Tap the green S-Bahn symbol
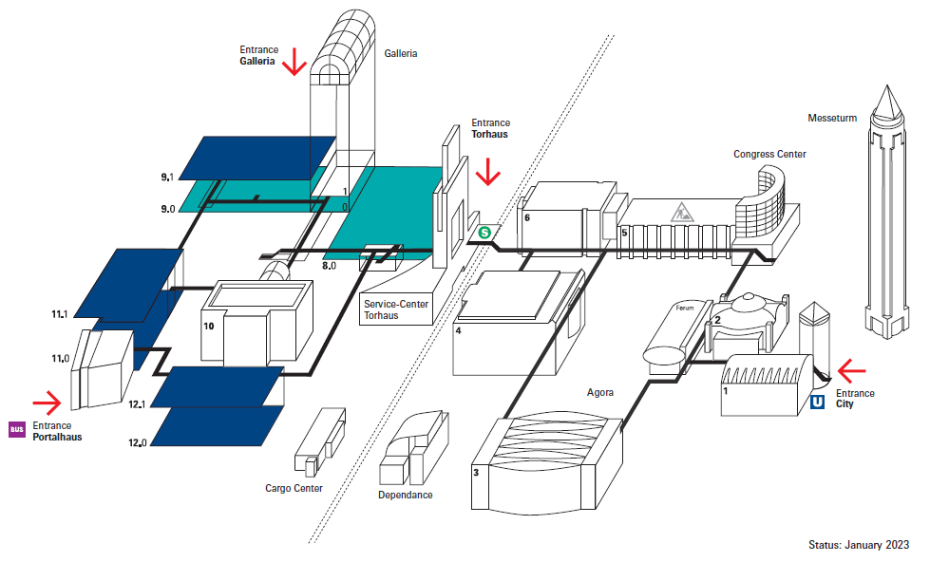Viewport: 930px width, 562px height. tap(484, 231)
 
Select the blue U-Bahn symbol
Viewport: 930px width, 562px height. tap(817, 403)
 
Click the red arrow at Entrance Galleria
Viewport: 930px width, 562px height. tap(294, 62)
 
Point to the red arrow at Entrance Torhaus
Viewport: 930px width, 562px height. tap(488, 172)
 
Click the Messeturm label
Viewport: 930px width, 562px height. tap(832, 119)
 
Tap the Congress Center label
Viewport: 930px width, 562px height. tap(769, 154)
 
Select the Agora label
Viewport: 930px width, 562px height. tap(600, 391)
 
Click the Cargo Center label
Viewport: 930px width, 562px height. tap(294, 489)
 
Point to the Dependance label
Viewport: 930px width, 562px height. tap(405, 495)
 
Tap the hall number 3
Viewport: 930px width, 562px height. tap(477, 471)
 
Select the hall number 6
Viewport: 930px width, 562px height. tap(525, 217)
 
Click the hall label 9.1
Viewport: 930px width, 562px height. tap(167, 178)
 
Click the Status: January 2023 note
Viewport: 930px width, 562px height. tap(859, 545)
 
